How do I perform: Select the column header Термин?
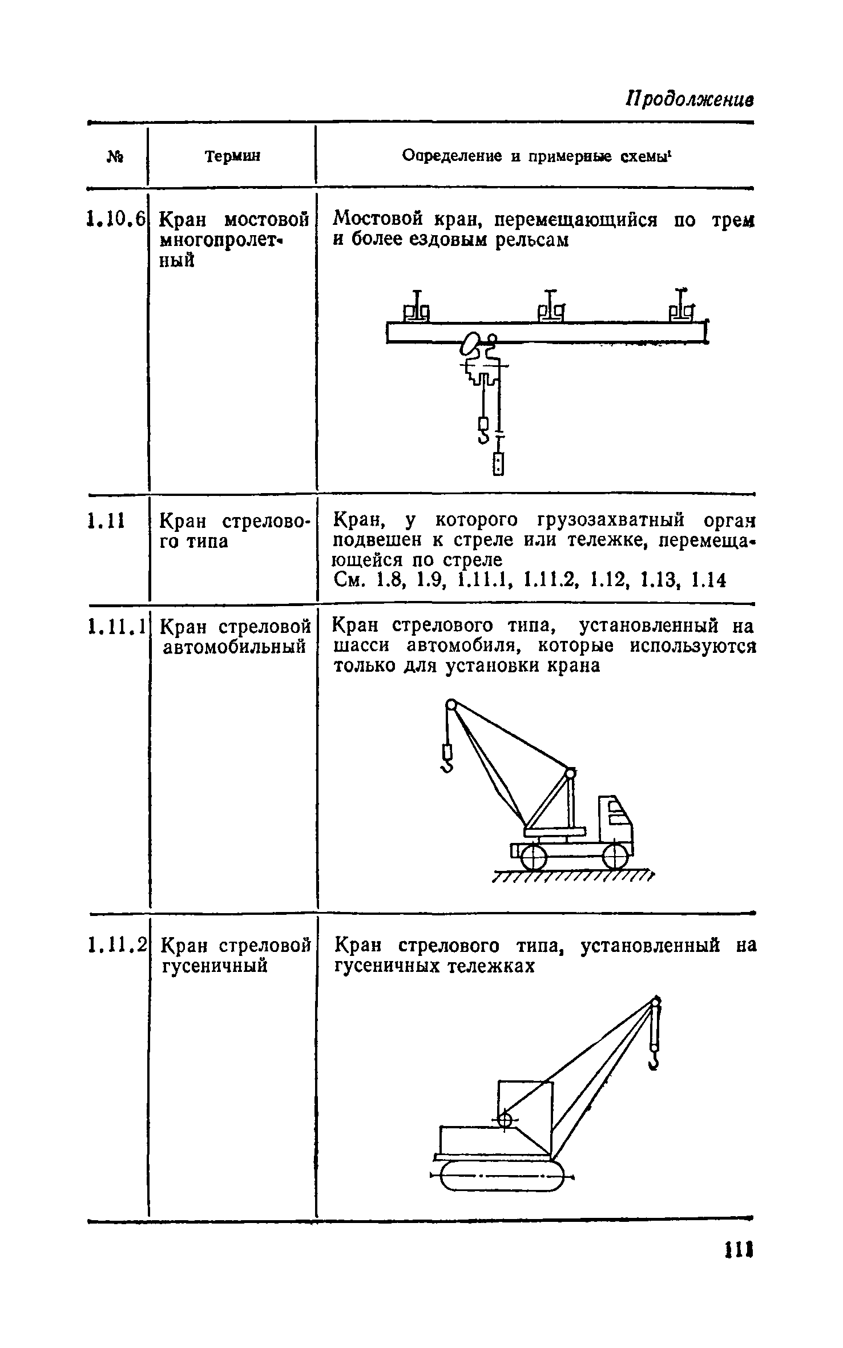232,156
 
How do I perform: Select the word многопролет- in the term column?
223,240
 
